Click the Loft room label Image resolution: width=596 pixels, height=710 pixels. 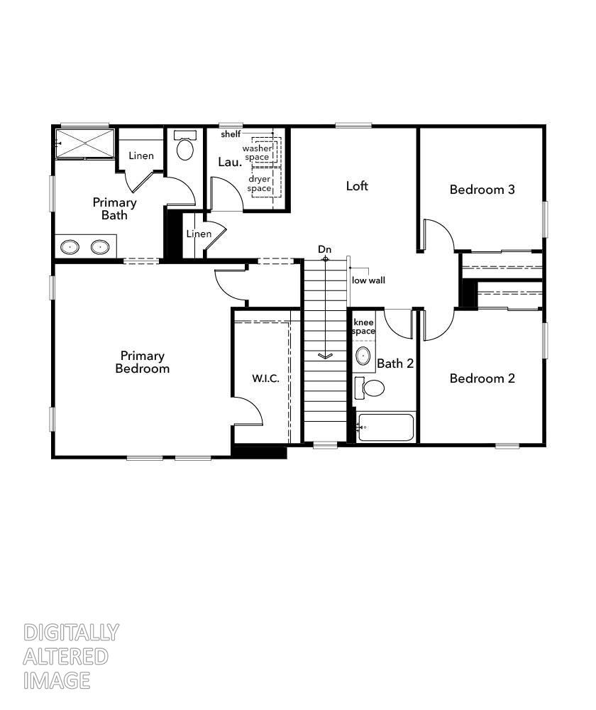coord(357,186)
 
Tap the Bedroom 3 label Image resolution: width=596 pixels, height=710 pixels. coord(482,190)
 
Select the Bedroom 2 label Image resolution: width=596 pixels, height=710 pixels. coord(482,378)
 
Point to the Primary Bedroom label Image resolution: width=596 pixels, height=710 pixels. coord(142,362)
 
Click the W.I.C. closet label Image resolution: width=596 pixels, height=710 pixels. coord(265,378)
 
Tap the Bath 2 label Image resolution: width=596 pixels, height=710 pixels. coord(394,364)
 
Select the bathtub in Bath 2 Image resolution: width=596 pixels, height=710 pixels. coord(385,427)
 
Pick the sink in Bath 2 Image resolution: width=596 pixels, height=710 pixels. coord(363,356)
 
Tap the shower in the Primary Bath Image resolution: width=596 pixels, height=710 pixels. coord(85,143)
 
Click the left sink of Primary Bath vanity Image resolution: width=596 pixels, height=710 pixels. coord(70,247)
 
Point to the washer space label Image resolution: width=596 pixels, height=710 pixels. coord(257,152)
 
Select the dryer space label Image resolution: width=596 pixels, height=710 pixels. coord(259,183)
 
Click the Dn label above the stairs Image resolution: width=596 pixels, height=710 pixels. coord(324,249)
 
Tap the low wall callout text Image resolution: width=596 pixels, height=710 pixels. coord(368,280)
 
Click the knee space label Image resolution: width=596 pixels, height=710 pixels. coord(363,327)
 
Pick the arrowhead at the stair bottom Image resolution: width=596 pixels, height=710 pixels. coord(325,356)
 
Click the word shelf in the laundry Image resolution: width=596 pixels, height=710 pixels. coord(231,133)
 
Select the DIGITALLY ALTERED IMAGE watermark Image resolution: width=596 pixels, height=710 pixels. coord(70,657)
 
